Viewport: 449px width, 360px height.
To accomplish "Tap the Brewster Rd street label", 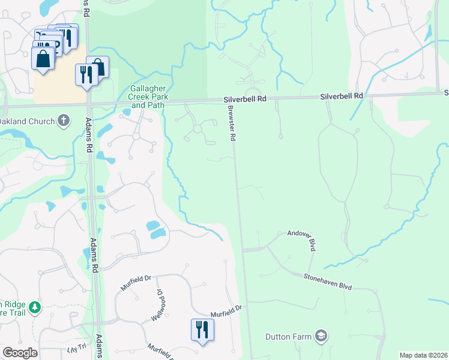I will click(x=231, y=123).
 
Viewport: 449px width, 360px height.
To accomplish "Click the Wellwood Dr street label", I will click(x=157, y=304).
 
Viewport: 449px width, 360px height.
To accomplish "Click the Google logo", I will click(x=20, y=353).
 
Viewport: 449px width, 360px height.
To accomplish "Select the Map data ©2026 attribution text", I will click(x=424, y=355).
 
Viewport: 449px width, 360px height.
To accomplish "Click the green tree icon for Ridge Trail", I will click(x=35, y=308).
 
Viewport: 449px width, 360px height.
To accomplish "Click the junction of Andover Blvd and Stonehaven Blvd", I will click(x=311, y=275).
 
